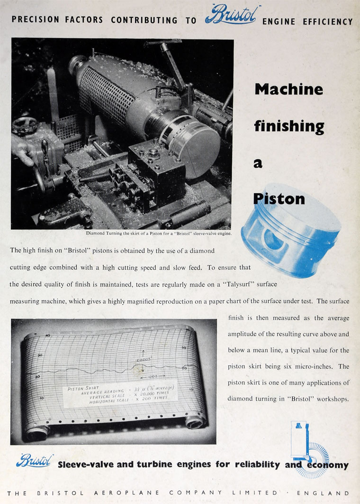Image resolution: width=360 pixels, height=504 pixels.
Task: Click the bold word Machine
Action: pyautogui.click(x=288, y=89)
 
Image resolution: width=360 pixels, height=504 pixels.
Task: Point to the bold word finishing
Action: pyautogui.click(x=289, y=126)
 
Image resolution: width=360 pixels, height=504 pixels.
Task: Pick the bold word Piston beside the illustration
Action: pyautogui.click(x=279, y=198)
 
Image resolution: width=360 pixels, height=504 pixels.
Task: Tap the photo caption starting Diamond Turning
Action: pyautogui.click(x=159, y=233)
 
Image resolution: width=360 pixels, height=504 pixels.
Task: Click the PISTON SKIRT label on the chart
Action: pyautogui.click(x=82, y=388)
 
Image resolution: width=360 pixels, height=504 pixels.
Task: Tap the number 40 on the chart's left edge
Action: pyautogui.click(x=47, y=335)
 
